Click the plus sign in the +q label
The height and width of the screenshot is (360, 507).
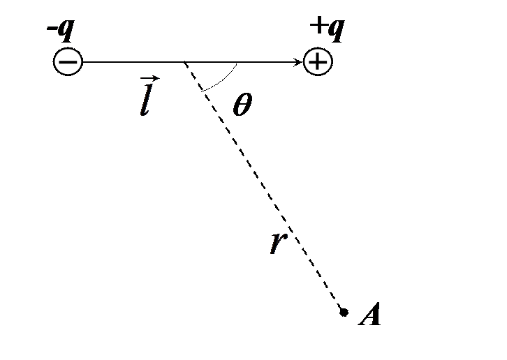point(318,25)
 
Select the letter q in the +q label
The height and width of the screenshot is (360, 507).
point(336,31)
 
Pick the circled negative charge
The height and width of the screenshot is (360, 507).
point(68,61)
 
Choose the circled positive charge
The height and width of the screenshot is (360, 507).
point(318,61)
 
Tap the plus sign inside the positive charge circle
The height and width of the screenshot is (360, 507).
point(318,61)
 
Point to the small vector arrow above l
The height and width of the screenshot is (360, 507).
point(149,78)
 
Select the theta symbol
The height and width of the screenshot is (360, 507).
point(242,104)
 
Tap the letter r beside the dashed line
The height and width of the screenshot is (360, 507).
point(278,242)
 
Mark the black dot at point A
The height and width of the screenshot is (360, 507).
point(344,312)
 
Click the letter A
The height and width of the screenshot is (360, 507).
point(369,314)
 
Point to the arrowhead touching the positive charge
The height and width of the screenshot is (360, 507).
point(297,61)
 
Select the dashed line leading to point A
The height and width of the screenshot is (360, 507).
point(263,186)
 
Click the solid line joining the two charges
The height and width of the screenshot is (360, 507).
point(193,61)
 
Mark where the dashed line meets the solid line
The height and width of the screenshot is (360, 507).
point(184,61)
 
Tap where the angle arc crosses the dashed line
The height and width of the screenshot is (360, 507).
point(203,91)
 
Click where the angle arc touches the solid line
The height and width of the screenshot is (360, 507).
point(237,63)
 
